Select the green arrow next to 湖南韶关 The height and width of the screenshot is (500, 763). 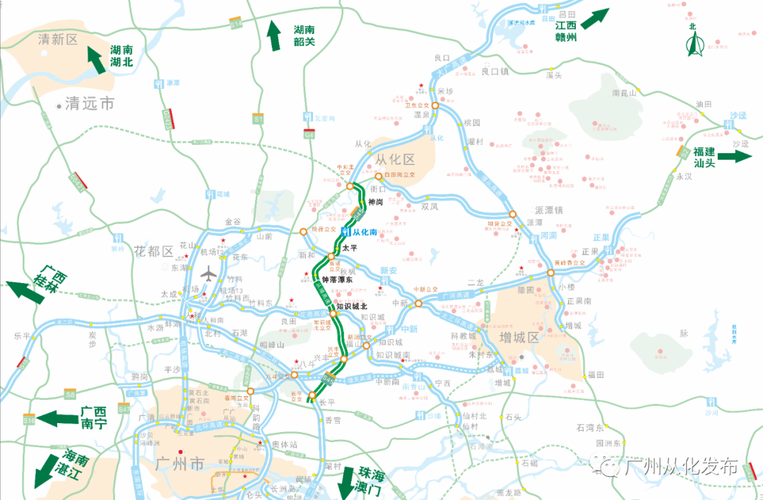pyautogui.click(x=274, y=36)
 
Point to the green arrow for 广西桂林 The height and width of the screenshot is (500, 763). pyautogui.click(x=24, y=290)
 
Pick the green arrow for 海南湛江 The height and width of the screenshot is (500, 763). pyautogui.click(x=49, y=472)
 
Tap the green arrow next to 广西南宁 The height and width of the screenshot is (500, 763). pyautogui.click(x=57, y=418)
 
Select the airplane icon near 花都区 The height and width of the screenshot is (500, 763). pyautogui.click(x=211, y=273)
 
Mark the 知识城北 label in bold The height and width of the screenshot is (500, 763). pyautogui.click(x=352, y=306)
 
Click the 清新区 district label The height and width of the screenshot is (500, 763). pyautogui.click(x=59, y=40)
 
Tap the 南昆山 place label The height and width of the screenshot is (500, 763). pyautogui.click(x=625, y=93)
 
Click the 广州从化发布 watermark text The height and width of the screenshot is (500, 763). pyautogui.click(x=680, y=466)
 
